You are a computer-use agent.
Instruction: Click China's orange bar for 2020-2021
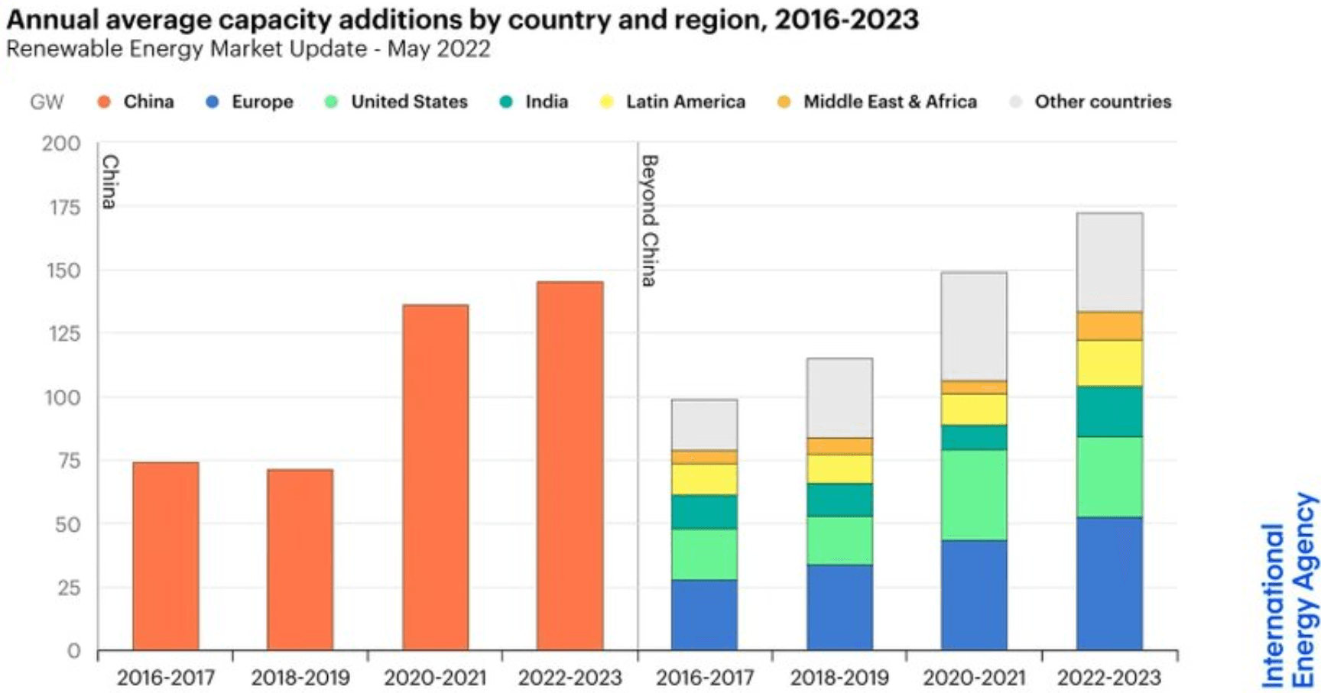click(435, 478)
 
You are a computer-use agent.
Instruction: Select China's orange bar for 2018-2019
click(300, 559)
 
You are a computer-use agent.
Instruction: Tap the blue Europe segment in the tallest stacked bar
click(1109, 584)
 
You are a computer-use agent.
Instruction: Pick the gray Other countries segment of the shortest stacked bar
click(704, 425)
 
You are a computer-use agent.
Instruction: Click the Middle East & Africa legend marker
click(784, 102)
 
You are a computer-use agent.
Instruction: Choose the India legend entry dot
click(506, 102)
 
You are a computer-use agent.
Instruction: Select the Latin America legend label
click(685, 102)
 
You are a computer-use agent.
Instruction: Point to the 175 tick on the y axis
click(65, 207)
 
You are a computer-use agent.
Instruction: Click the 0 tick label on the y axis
click(73, 651)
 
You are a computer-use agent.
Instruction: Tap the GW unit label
click(47, 102)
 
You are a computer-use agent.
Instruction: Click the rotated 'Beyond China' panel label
click(649, 220)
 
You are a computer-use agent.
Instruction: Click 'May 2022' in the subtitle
click(439, 49)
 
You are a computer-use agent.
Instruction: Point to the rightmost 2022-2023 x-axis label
click(1108, 678)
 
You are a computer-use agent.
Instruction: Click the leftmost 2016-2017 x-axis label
click(165, 678)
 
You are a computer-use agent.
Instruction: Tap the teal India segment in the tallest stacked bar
click(1109, 411)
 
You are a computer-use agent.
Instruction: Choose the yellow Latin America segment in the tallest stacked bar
click(1109, 363)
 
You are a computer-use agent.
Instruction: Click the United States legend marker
click(331, 102)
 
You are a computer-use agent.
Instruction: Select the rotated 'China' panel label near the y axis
click(110, 182)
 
